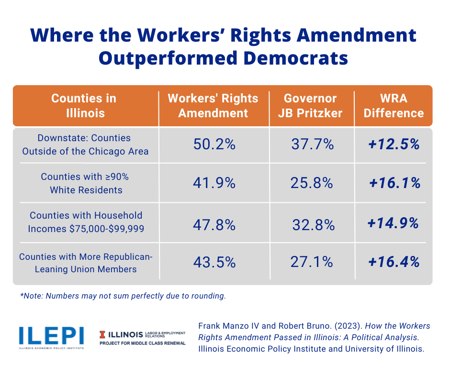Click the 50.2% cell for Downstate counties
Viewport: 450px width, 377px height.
click(x=214, y=144)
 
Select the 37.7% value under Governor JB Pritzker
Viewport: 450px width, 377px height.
click(x=312, y=144)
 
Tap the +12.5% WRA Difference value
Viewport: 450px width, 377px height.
click(x=394, y=144)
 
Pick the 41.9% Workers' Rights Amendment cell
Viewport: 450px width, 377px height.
click(x=214, y=183)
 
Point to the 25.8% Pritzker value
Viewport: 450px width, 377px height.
click(x=312, y=183)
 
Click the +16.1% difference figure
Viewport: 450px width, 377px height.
click(x=395, y=183)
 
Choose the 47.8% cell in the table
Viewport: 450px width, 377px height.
click(x=214, y=222)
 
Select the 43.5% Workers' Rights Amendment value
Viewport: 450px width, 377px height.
click(x=214, y=262)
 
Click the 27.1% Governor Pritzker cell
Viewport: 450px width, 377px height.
click(x=312, y=262)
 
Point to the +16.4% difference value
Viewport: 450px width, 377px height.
click(x=394, y=262)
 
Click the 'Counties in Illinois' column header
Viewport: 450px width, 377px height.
click(x=84, y=106)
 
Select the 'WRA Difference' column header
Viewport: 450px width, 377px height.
click(x=394, y=106)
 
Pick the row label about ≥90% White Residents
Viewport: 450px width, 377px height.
click(x=85, y=183)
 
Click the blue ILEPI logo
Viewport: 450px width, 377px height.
click(x=51, y=336)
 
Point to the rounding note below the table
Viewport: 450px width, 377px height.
click(x=123, y=296)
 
